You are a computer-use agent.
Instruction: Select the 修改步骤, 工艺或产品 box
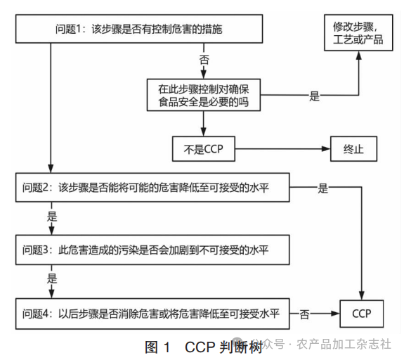click(x=358, y=33)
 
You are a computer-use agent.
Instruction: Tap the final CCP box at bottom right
click(x=362, y=312)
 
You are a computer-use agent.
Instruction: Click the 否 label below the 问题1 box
click(x=204, y=61)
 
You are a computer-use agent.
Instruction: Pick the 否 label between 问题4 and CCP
click(x=304, y=313)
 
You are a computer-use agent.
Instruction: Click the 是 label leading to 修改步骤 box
click(x=314, y=96)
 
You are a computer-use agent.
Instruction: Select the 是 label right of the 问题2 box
click(x=322, y=188)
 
